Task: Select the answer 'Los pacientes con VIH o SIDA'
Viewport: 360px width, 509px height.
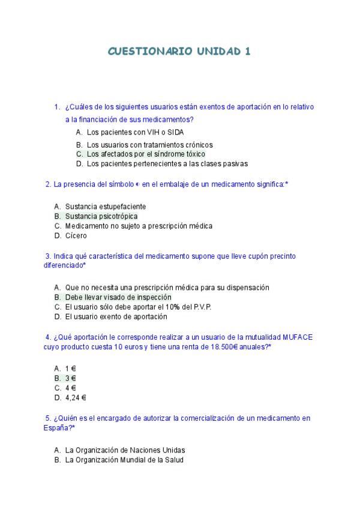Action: click(x=135, y=132)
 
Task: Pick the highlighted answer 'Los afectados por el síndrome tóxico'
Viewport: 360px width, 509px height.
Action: click(x=146, y=154)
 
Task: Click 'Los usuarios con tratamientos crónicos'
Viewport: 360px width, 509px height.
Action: click(x=149, y=145)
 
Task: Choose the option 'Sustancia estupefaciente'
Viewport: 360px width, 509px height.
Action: click(x=106, y=206)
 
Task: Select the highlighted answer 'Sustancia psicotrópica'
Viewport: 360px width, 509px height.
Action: click(x=101, y=216)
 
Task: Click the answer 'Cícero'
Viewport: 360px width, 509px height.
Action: click(x=76, y=236)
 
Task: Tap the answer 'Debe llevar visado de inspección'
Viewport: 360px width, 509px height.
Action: click(x=118, y=297)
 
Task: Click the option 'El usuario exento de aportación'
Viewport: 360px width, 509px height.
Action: click(x=116, y=316)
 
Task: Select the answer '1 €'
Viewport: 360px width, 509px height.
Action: click(x=71, y=369)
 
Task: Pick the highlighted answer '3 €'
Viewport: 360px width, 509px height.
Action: click(x=71, y=378)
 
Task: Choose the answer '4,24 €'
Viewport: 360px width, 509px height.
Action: click(x=76, y=397)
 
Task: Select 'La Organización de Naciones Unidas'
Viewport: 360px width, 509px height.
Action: click(x=125, y=450)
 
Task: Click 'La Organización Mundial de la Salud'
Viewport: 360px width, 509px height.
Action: click(x=124, y=460)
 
